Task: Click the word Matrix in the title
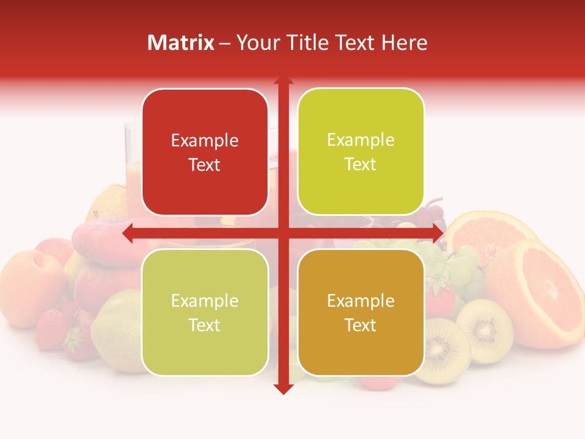pyautogui.click(x=181, y=43)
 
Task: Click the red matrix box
pyautogui.click(x=205, y=152)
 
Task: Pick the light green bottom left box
pyautogui.click(x=205, y=312)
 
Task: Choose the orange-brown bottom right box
pyautogui.click(x=361, y=312)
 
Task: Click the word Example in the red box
pyautogui.click(x=205, y=141)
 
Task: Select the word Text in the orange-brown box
pyautogui.click(x=361, y=325)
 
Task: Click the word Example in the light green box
pyautogui.click(x=205, y=301)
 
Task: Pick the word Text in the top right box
pyautogui.click(x=361, y=164)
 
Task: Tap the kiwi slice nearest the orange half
pyautogui.click(x=484, y=329)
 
